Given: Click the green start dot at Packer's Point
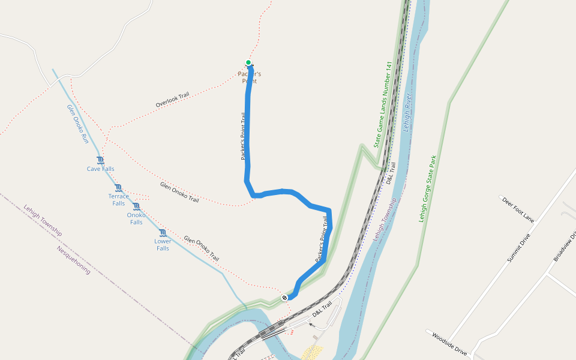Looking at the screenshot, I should pyautogui.click(x=248, y=62).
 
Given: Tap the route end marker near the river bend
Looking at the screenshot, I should pyautogui.click(x=284, y=297).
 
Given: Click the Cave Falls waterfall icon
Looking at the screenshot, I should pyautogui.click(x=100, y=160).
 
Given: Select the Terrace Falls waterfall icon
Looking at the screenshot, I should pyautogui.click(x=118, y=188).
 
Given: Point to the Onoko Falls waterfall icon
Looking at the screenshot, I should pyautogui.click(x=136, y=206).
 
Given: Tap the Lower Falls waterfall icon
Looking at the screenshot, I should pyautogui.click(x=163, y=233).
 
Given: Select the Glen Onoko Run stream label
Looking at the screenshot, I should pyautogui.click(x=77, y=124).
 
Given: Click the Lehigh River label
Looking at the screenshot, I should pyautogui.click(x=407, y=108).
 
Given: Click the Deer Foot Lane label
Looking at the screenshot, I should pyautogui.click(x=518, y=208).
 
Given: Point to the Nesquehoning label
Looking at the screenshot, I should pyautogui.click(x=73, y=260).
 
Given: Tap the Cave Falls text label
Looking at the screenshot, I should pyautogui.click(x=100, y=169).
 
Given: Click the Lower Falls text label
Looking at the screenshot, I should pyautogui.click(x=163, y=245).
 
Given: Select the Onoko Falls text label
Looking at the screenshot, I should pyautogui.click(x=136, y=218).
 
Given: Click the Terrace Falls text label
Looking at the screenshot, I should pyautogui.click(x=118, y=200).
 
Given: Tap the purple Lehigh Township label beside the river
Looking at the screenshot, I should pyautogui.click(x=385, y=220).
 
